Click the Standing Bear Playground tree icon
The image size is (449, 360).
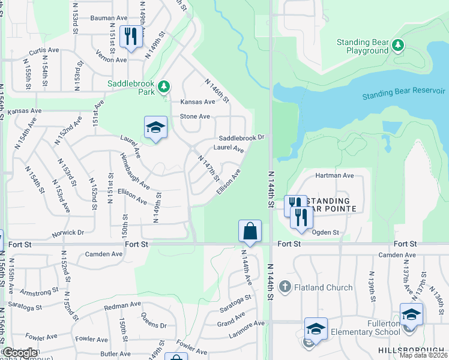click(397, 45)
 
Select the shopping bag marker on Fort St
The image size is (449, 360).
click(250, 230)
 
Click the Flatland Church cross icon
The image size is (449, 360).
click(285, 287)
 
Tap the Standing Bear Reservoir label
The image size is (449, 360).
click(404, 94)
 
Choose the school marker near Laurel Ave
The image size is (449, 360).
click(155, 127)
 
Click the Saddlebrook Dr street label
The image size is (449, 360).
click(241, 137)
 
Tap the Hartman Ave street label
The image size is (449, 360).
click(335, 176)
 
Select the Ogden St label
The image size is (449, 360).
click(327, 232)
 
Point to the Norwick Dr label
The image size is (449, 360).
click(68, 232)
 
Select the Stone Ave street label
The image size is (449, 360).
click(195, 116)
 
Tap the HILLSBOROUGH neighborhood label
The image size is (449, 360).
click(413, 350)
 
